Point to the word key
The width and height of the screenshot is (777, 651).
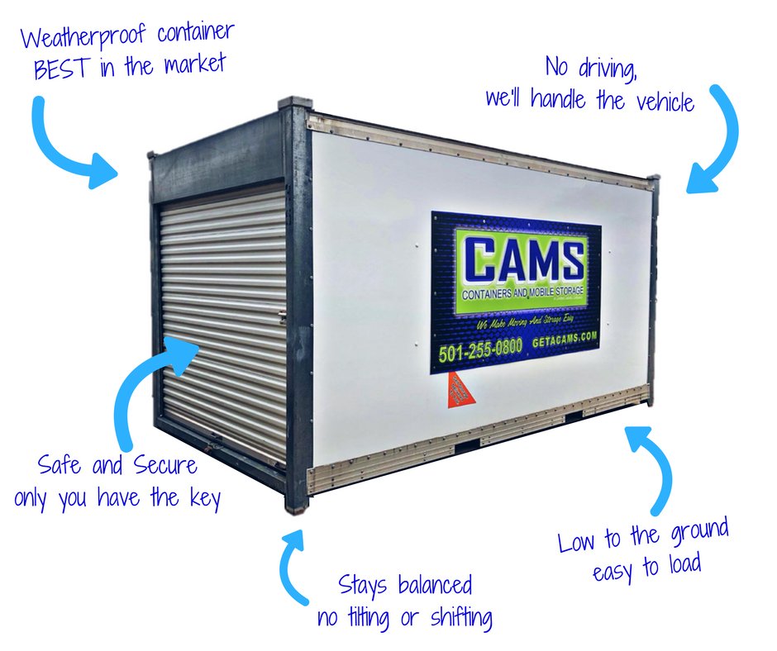click(x=203, y=499)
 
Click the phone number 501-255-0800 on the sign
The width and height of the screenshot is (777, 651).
click(x=479, y=348)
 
